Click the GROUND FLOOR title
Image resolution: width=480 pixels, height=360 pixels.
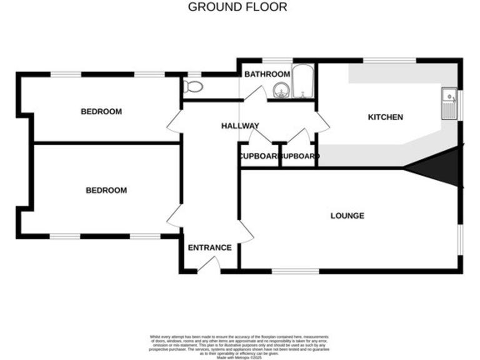pos(237,7)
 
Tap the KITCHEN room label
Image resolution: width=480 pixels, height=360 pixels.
pos(385,117)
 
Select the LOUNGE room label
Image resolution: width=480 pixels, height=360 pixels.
pos(347,216)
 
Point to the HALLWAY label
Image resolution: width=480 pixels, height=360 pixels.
pos(240,126)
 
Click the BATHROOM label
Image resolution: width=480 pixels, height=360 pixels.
pos(267,74)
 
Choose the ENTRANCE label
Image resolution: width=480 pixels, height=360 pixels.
pos(209,247)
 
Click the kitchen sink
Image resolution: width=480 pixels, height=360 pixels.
pos(449,104)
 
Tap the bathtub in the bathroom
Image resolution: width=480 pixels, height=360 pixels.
pos(304,81)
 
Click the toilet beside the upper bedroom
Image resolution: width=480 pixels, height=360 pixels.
pos(194,87)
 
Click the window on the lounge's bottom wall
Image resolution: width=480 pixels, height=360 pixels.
pos(295,271)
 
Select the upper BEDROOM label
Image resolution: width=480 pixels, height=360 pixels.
pos(101,112)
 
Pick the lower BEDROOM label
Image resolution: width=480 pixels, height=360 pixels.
pos(106,191)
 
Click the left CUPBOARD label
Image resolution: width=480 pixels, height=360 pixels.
pos(258,156)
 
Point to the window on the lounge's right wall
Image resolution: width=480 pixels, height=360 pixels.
pos(461,239)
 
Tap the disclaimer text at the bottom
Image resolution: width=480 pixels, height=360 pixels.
pos(239,346)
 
